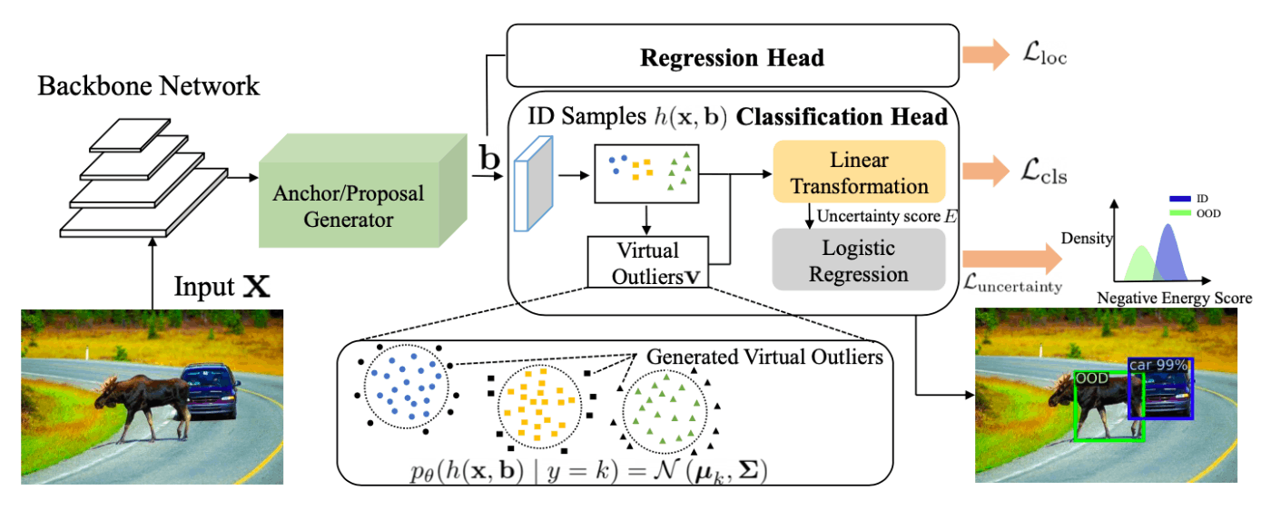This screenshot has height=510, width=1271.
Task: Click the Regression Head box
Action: pos(733,55)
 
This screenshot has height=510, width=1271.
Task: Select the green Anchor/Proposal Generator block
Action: pos(362,191)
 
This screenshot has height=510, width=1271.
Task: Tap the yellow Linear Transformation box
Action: pos(859,172)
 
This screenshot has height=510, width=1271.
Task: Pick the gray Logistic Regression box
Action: pos(859,260)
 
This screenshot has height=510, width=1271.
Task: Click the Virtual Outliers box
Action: pos(648,262)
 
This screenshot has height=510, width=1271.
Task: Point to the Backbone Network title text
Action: pos(149,86)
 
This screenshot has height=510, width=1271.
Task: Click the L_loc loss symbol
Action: pos(1045,54)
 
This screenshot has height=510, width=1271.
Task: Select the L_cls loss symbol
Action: pos(1044,172)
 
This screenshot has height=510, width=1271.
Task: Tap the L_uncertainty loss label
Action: pos(1013,284)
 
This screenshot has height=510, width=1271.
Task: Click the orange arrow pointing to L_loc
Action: pos(986,54)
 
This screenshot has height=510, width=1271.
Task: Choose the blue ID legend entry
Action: pos(1188,199)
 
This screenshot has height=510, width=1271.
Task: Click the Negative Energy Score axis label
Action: pos(1175,299)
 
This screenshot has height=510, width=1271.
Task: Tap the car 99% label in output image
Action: pos(1158,365)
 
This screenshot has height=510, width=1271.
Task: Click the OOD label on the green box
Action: pos(1091,378)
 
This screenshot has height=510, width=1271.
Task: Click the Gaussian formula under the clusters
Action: pos(588,471)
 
